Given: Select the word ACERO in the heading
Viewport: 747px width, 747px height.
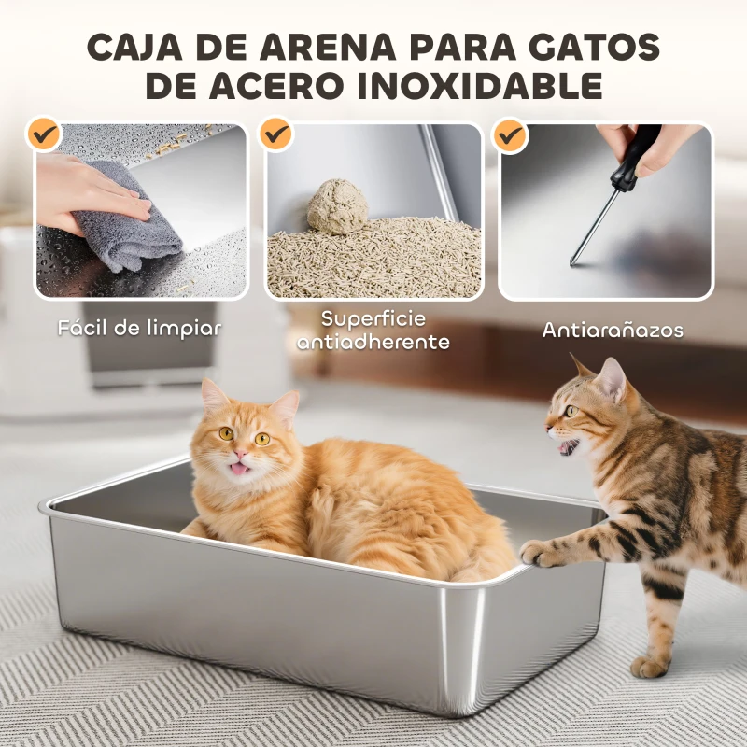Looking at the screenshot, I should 289,87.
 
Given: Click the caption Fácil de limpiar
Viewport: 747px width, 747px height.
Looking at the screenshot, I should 139,329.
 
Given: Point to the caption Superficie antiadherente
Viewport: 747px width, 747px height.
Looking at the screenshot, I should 373,331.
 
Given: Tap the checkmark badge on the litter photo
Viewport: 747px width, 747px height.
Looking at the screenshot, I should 275,134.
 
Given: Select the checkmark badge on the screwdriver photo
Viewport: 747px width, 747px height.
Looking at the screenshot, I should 510,136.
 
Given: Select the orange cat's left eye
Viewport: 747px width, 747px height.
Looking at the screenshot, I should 226,433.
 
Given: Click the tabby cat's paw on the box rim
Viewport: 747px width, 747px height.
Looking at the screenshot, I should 543,553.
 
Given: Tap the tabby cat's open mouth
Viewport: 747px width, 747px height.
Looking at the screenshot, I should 567,447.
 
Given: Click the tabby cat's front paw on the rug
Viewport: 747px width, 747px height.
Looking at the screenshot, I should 650,665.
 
